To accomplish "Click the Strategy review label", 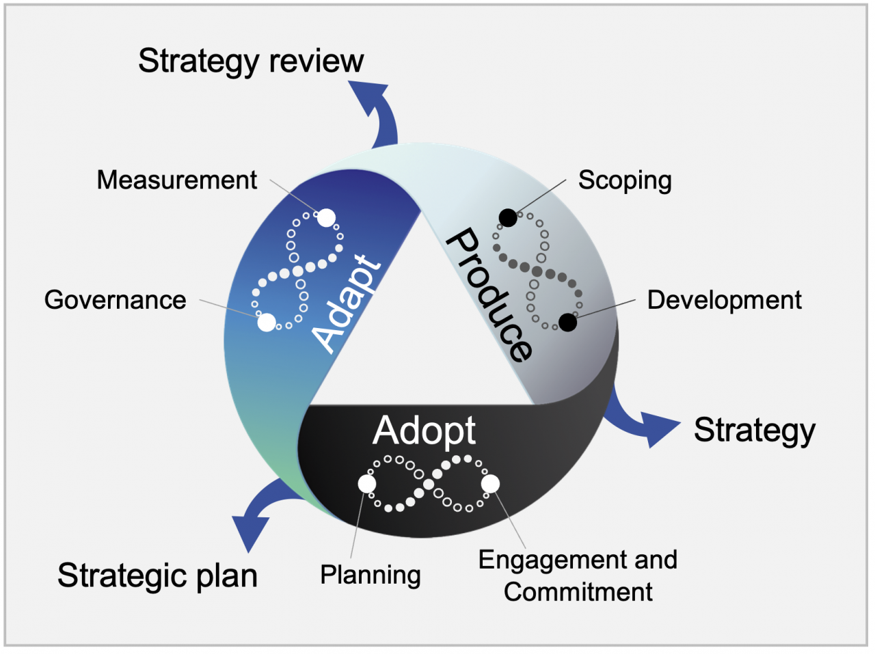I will click(x=250, y=62).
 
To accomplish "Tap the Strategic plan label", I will click(x=157, y=575).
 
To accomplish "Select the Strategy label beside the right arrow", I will click(x=755, y=431).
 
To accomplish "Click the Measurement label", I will click(x=176, y=180).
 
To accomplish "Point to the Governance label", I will click(x=115, y=300).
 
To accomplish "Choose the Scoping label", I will click(x=625, y=180).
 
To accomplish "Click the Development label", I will click(x=724, y=300).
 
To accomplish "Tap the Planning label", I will click(x=370, y=575).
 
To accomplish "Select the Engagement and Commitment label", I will click(x=578, y=575).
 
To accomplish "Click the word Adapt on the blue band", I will click(x=347, y=303).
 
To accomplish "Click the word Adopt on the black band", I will click(x=424, y=431).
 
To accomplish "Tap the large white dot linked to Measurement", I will click(x=327, y=217).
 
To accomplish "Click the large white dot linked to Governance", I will click(x=267, y=322).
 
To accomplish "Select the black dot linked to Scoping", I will click(x=508, y=218).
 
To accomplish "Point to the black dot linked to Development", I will click(x=567, y=323).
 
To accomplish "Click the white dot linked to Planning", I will click(x=367, y=484).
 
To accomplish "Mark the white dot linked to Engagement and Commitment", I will click(x=490, y=484).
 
